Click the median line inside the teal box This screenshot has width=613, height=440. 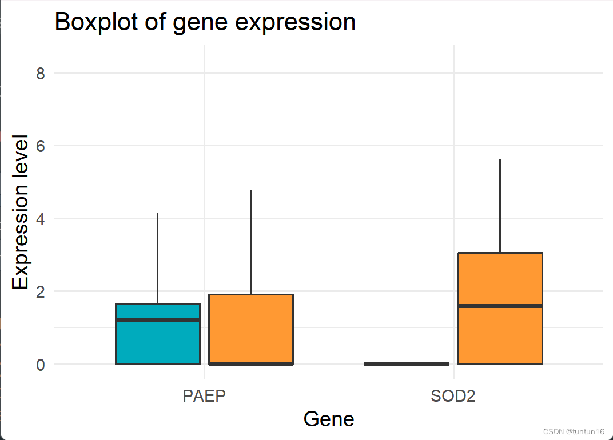click(158, 319)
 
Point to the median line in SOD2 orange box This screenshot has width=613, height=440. click(500, 306)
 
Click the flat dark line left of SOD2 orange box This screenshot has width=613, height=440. click(407, 364)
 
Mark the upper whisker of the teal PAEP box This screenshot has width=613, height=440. click(158, 257)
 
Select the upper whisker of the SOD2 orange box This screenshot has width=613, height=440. click(500, 206)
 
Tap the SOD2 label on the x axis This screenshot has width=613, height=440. click(453, 397)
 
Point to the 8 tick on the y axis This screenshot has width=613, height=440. click(41, 73)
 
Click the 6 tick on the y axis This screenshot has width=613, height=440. click(41, 146)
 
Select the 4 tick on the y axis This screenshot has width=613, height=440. click(41, 219)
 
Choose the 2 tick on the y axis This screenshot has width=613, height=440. click(41, 291)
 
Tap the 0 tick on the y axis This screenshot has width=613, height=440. click(41, 365)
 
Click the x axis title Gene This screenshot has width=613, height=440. click(329, 419)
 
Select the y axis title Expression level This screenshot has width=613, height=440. click(21, 213)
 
